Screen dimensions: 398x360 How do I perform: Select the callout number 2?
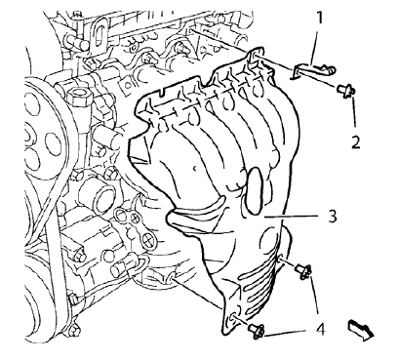[x=356, y=140]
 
